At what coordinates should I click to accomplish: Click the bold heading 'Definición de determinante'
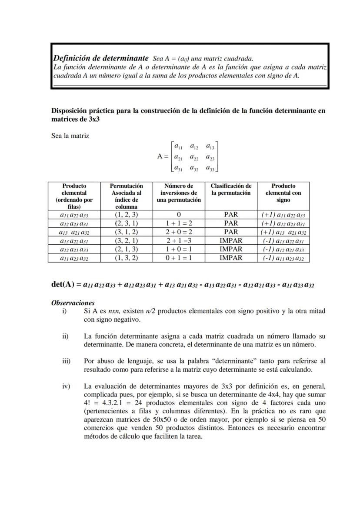(x=100, y=58)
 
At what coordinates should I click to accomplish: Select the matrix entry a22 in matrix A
(x=194, y=157)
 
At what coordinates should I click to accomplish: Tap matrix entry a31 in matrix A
(x=178, y=168)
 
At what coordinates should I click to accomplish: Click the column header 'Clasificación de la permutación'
(x=231, y=189)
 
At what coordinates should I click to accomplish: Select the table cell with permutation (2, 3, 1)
(x=127, y=223)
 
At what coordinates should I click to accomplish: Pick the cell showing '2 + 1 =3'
(x=179, y=240)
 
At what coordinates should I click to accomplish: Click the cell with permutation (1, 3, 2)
(x=127, y=258)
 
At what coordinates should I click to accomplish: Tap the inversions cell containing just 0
(x=179, y=214)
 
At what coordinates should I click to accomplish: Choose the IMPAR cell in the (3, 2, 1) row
(x=231, y=240)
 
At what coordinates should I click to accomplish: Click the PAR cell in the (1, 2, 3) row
(x=231, y=214)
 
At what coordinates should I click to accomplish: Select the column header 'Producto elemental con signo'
(x=283, y=193)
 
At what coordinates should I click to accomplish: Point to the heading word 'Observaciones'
(x=73, y=303)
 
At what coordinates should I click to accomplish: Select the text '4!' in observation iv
(x=88, y=403)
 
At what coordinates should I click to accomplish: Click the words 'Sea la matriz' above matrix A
(x=70, y=136)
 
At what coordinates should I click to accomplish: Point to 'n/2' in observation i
(x=150, y=311)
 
